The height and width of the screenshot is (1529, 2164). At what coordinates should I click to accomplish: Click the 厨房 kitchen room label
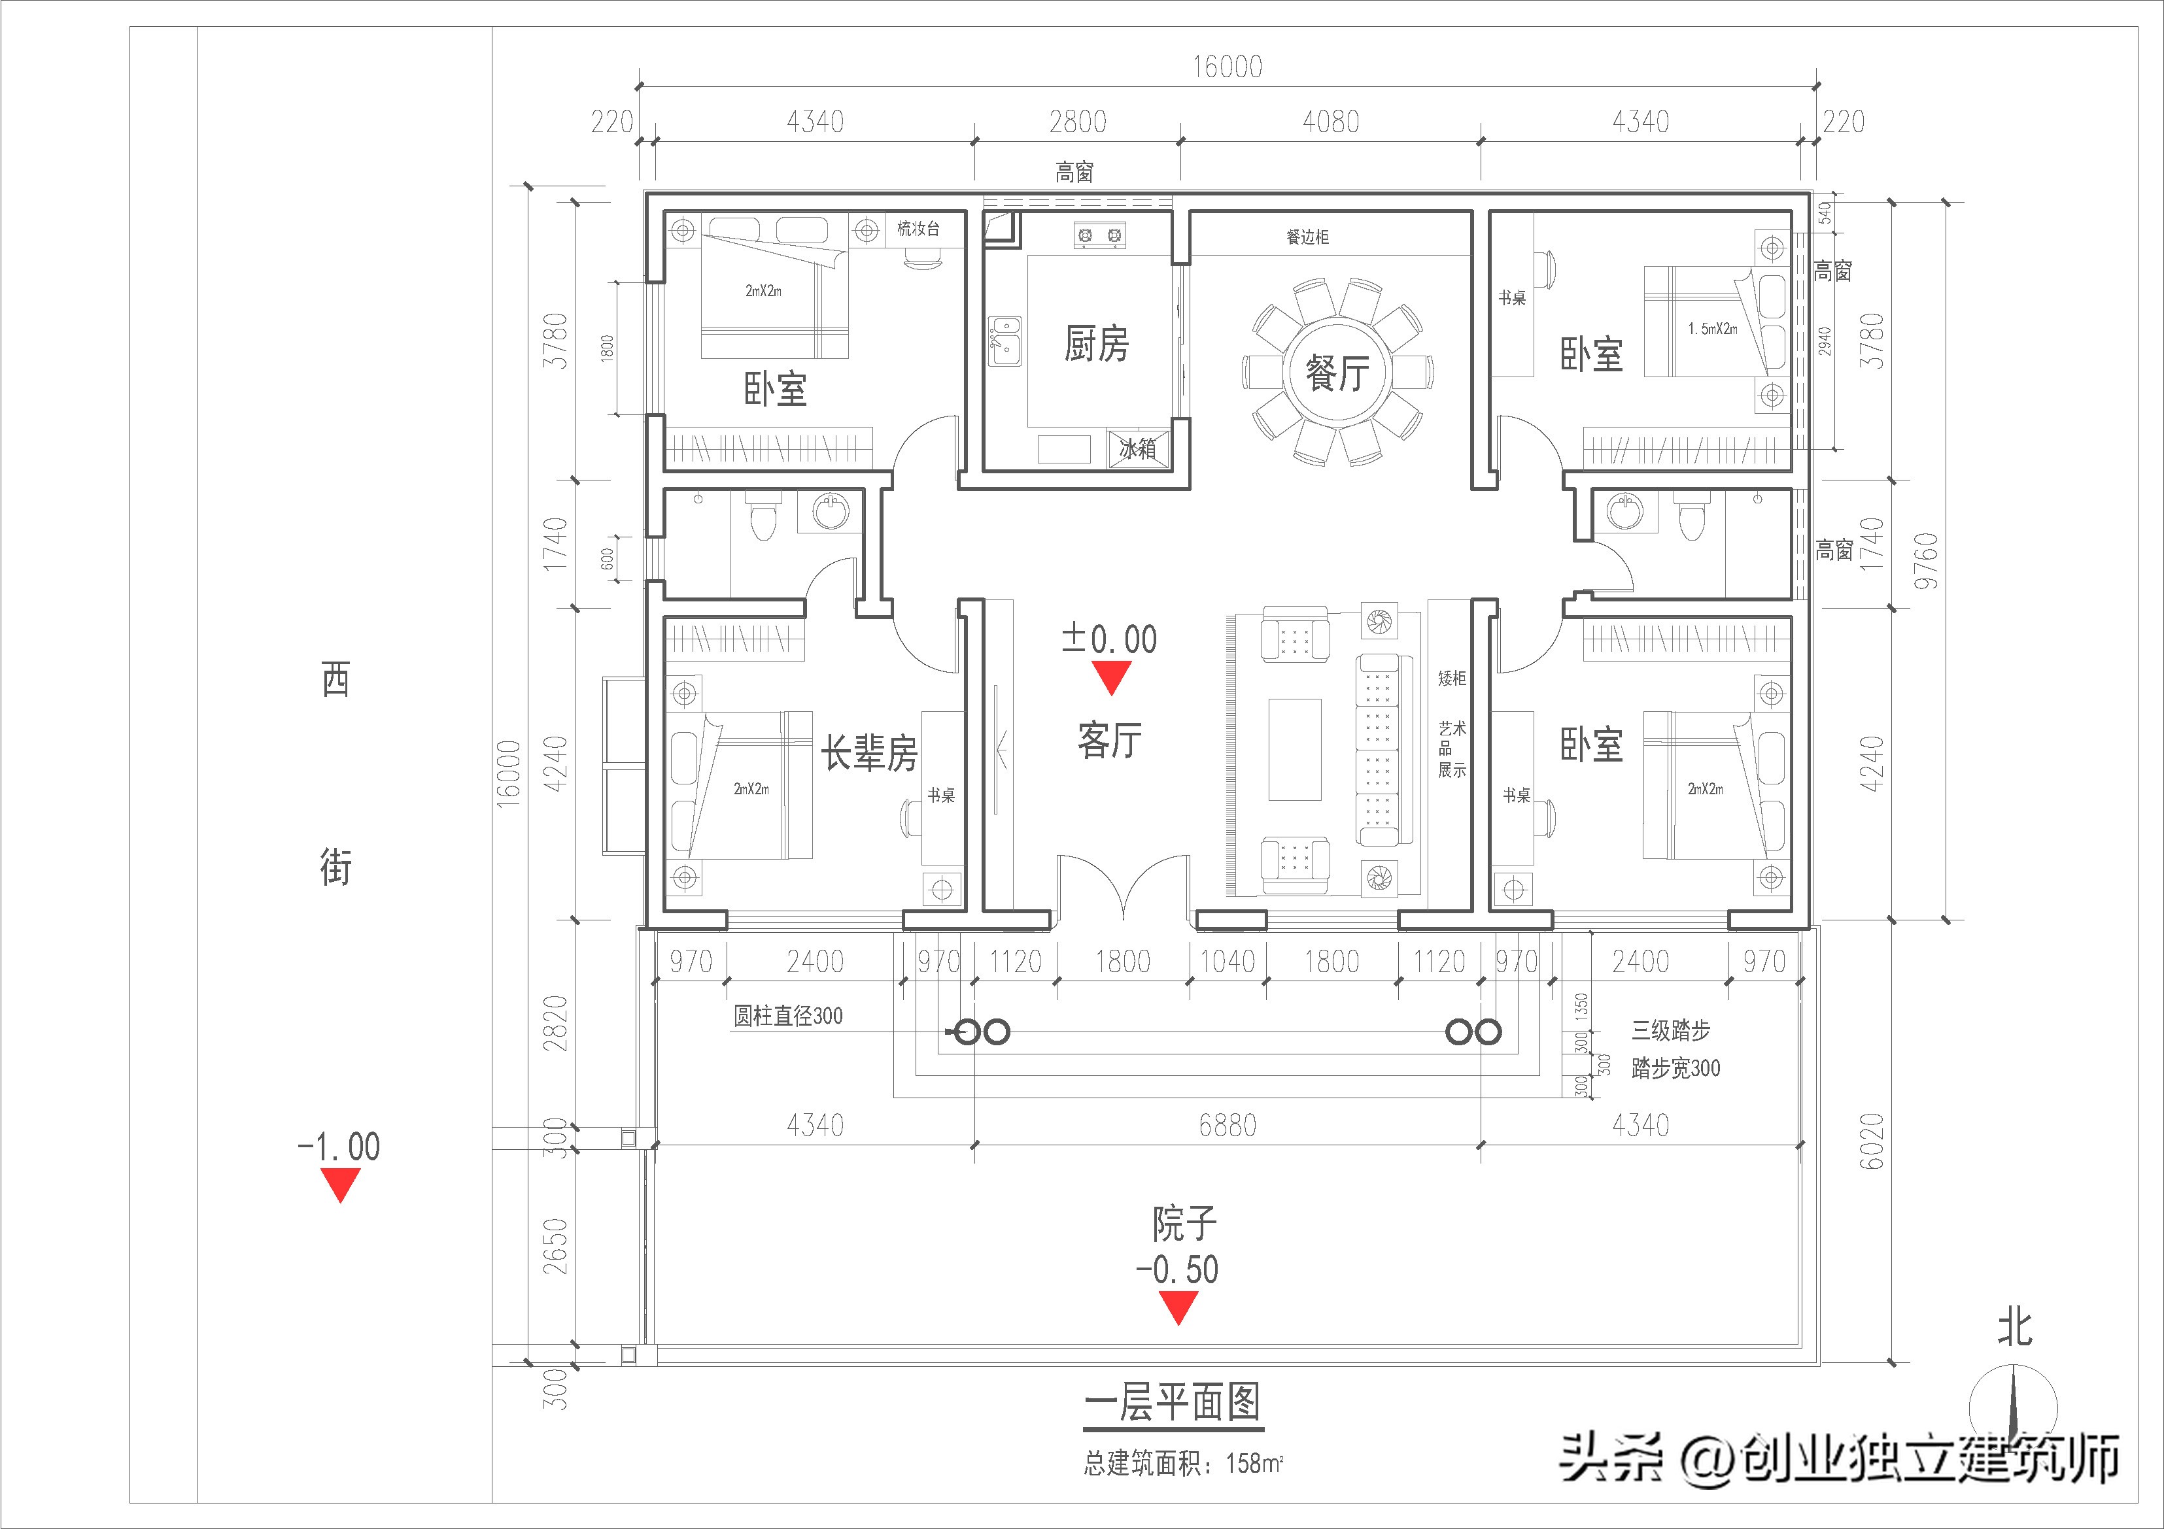click(1096, 344)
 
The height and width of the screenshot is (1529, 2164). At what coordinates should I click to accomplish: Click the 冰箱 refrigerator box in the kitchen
click(1138, 448)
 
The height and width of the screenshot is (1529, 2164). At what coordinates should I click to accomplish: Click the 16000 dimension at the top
click(1227, 67)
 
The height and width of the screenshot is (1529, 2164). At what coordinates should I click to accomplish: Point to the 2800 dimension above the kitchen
click(1077, 122)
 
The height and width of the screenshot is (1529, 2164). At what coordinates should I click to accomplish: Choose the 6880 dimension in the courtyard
click(1227, 1125)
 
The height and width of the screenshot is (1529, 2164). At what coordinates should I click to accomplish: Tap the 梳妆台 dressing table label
click(917, 229)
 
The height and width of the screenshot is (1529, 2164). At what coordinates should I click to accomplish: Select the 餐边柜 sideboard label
click(1307, 237)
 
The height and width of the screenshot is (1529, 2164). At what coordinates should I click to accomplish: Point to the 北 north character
click(2015, 1328)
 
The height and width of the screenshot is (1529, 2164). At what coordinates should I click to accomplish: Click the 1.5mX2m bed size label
click(1713, 329)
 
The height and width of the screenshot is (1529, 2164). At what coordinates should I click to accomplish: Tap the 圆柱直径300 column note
click(788, 1016)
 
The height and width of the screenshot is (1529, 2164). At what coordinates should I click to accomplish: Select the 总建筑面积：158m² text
click(1183, 1463)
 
